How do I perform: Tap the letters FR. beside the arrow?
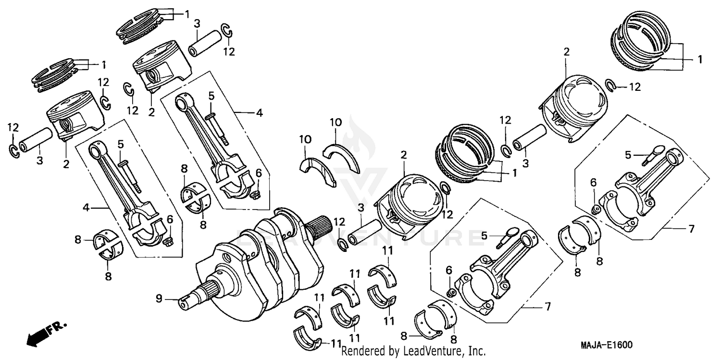[57, 328]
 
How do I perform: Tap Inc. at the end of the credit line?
[476, 351]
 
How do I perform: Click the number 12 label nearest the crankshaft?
[339, 222]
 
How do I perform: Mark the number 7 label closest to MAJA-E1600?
[547, 306]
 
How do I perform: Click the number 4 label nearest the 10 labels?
[259, 113]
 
